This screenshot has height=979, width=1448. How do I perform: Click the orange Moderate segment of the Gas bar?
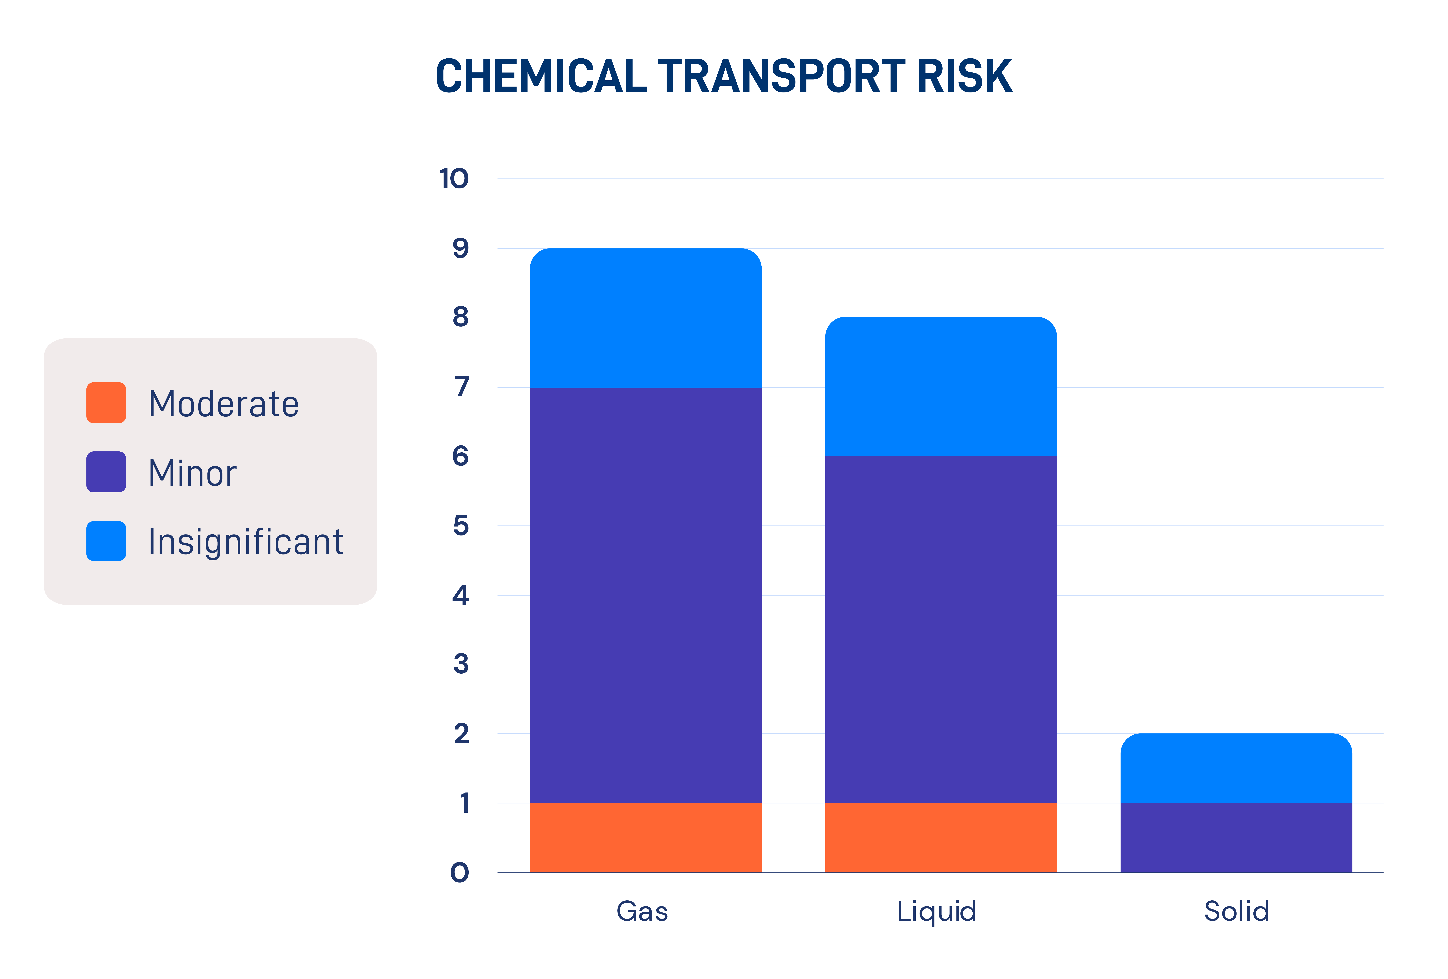tap(645, 838)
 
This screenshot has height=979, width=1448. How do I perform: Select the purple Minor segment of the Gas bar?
tap(645, 595)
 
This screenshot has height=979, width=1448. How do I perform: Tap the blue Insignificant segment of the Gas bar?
tap(645, 318)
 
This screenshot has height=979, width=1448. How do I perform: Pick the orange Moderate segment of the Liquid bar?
tap(941, 838)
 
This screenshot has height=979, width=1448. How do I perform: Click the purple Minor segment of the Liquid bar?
tap(941, 629)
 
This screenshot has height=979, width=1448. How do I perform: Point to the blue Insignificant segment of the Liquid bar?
tap(941, 386)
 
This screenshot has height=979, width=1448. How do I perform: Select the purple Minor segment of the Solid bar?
tap(1236, 838)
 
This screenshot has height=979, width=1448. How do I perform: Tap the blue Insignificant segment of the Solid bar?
tap(1236, 768)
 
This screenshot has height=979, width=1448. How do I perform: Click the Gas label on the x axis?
tap(642, 911)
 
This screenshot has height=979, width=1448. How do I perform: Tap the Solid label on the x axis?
tap(1237, 911)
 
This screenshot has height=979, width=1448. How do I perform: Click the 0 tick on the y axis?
tap(460, 873)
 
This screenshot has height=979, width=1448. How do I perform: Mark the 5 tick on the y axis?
tap(460, 526)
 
